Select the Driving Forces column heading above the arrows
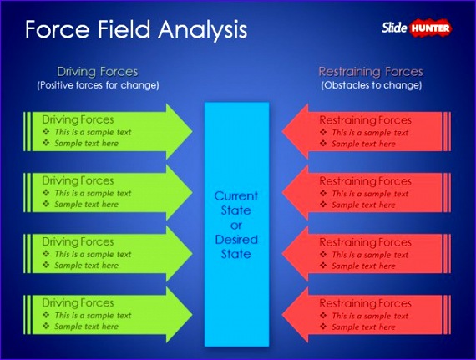coord(97,72)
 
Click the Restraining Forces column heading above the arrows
coord(371,72)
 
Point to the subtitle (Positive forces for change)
coord(97,85)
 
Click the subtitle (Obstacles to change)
coord(371,85)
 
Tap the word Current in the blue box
coord(237,195)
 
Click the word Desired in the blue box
coord(237,239)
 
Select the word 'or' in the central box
coord(237,225)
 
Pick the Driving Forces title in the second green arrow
coord(78,180)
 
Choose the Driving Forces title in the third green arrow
coord(78,241)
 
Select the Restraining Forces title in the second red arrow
coord(365,180)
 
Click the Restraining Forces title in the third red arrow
coord(365,241)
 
